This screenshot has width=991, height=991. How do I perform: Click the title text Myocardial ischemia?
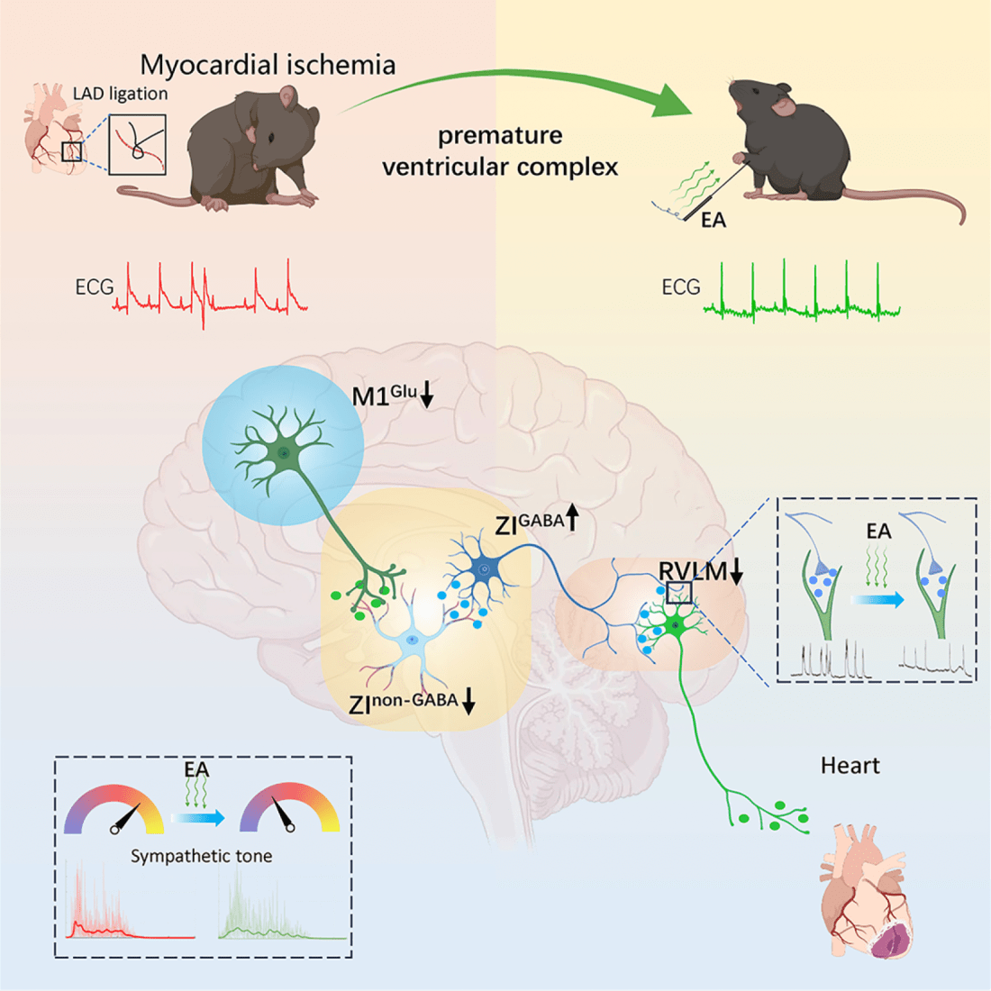coord(268,65)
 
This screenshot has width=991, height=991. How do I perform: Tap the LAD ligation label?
coord(120,94)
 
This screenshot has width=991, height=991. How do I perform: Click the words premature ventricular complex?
coord(500,151)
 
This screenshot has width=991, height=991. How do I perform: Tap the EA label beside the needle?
coord(713,220)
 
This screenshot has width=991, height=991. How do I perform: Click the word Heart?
coord(850,766)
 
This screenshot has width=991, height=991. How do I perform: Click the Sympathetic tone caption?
coord(201,856)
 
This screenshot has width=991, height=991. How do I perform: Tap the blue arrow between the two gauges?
coord(198,818)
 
